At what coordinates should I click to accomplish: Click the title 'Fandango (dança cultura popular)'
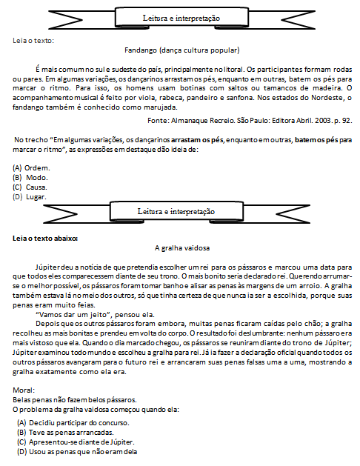pyautogui.click(x=181, y=50)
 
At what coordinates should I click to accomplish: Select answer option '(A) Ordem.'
pyautogui.click(x=31, y=168)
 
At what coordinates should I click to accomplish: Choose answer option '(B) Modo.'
pyautogui.click(x=30, y=178)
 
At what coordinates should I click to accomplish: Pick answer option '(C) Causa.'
pyautogui.click(x=30, y=187)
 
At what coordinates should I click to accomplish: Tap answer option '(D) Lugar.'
pyautogui.click(x=30, y=197)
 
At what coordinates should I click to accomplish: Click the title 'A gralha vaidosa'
pyautogui.click(x=182, y=248)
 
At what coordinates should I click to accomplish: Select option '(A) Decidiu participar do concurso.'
pyautogui.click(x=73, y=422)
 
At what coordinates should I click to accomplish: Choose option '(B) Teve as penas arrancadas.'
pyautogui.click(x=65, y=433)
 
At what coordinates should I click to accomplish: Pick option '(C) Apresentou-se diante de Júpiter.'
pyautogui.click(x=76, y=442)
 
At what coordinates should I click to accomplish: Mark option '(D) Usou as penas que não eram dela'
pyautogui.click(x=77, y=452)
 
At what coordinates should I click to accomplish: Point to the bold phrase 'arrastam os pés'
pyautogui.click(x=197, y=140)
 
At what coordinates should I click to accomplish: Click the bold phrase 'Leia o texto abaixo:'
pyautogui.click(x=45, y=239)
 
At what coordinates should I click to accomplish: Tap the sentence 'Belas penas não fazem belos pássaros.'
pyautogui.click(x=75, y=400)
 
